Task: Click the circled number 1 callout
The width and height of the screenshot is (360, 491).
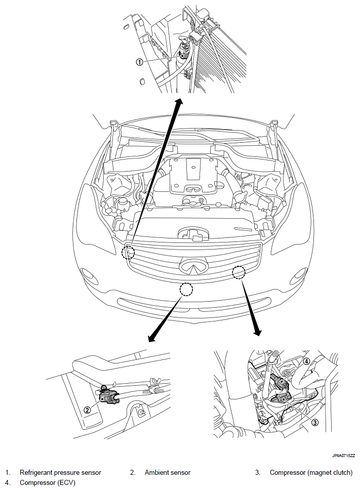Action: click(x=139, y=62)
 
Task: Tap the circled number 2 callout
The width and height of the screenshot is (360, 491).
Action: click(x=88, y=410)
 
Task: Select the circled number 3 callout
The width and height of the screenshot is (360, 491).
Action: click(x=315, y=423)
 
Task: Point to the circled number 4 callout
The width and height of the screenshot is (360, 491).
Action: click(x=306, y=361)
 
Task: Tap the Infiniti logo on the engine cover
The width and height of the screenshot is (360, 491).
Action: click(x=193, y=188)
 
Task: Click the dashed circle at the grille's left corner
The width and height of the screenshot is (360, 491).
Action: click(x=128, y=252)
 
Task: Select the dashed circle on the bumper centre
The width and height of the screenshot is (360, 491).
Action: click(x=186, y=290)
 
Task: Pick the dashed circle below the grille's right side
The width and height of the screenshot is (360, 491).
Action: click(x=239, y=272)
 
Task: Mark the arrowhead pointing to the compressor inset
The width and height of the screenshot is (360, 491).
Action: click(x=257, y=332)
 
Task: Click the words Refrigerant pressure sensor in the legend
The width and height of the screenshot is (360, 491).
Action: click(x=60, y=473)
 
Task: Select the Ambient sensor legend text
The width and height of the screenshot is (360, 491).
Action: click(x=168, y=473)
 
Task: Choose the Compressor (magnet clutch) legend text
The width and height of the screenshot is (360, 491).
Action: click(x=311, y=473)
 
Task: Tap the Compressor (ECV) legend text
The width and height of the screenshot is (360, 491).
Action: click(x=48, y=483)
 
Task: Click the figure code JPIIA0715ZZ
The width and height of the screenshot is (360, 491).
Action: click(x=344, y=456)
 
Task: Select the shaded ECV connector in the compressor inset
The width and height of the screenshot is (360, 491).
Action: click(x=279, y=381)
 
